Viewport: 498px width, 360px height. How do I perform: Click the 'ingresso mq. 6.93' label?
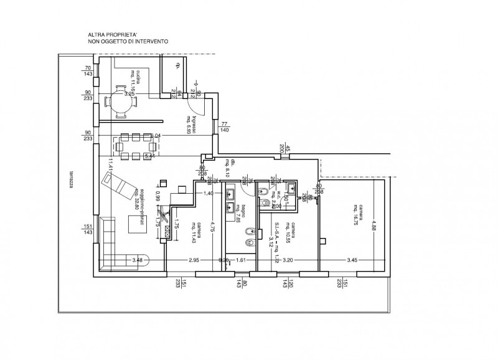pyautogui.click(x=194, y=125)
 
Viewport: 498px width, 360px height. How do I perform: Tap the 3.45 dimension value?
pyautogui.click(x=353, y=258)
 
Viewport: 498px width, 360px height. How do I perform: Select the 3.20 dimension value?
pyautogui.click(x=288, y=258)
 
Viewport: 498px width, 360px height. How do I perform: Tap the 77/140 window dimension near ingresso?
pyautogui.click(x=225, y=128)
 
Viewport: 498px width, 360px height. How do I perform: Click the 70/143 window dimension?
pyautogui.click(x=88, y=70)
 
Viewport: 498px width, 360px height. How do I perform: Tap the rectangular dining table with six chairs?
pyautogui.click(x=136, y=147)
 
